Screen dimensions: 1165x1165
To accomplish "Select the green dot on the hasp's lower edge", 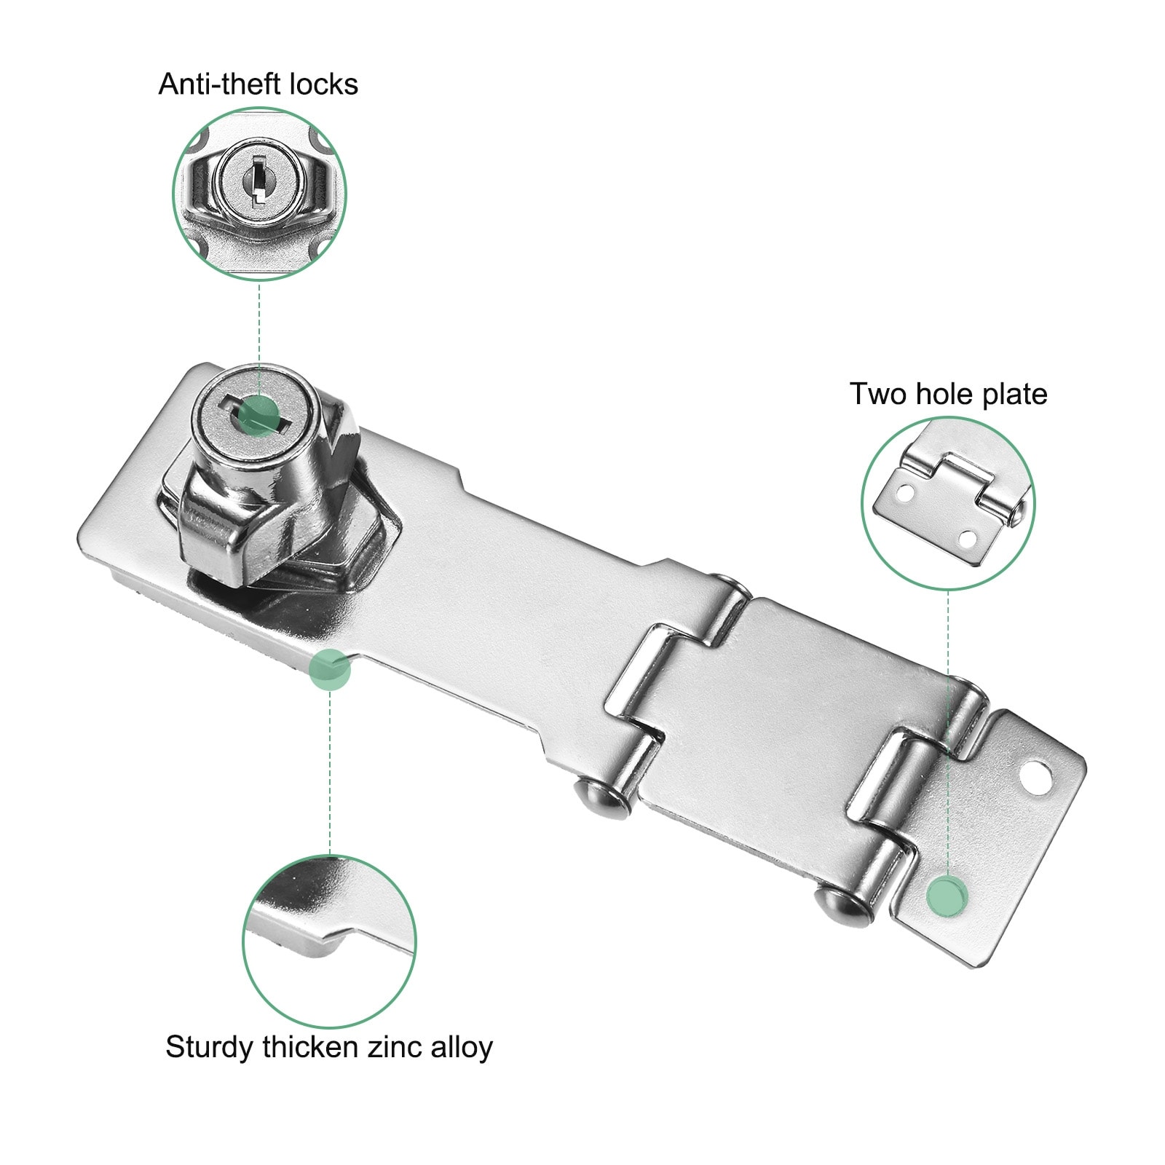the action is tap(330, 669).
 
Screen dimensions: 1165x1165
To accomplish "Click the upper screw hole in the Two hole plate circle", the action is tap(905, 493).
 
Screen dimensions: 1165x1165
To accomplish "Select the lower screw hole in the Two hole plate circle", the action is tap(967, 540).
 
